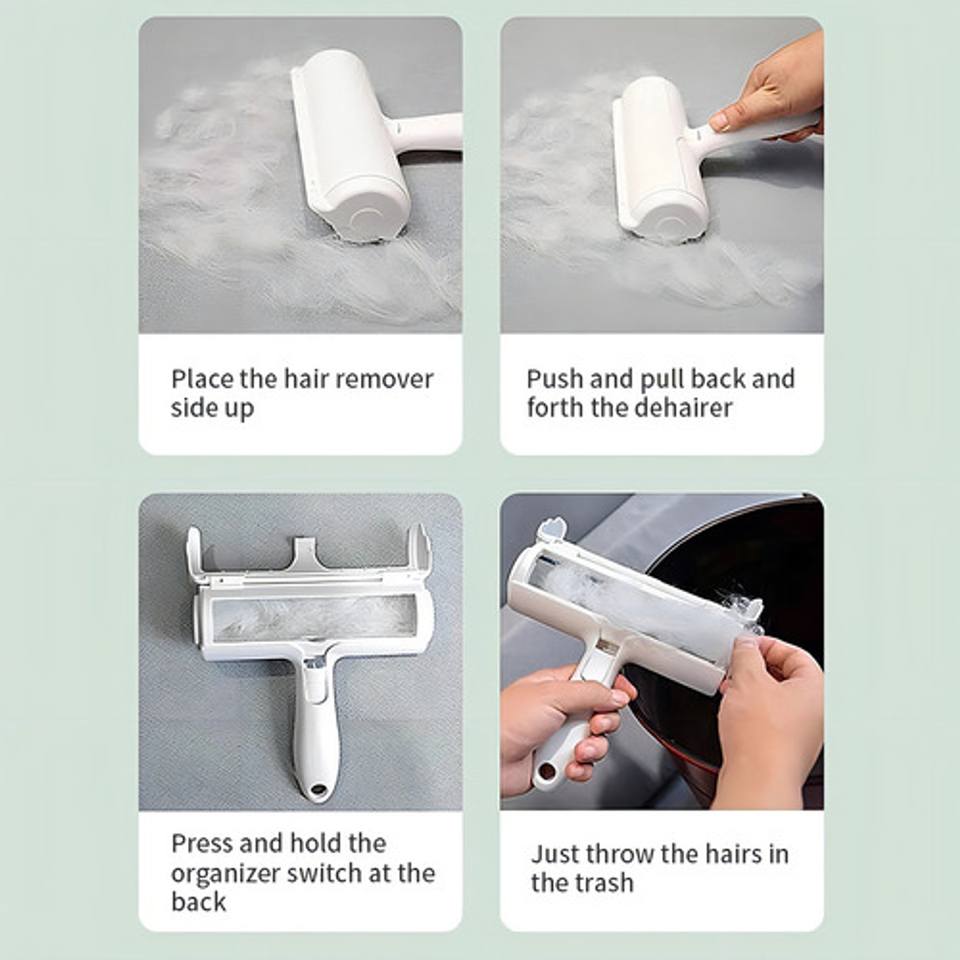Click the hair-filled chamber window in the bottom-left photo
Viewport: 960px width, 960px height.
pos(315,618)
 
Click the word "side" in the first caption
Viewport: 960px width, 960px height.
pos(192,408)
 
